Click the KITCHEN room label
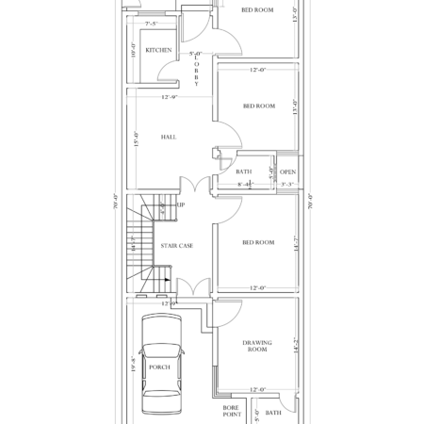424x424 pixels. [158, 49]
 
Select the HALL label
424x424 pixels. [169, 138]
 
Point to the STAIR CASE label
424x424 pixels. [177, 245]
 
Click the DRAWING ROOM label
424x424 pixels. [257, 346]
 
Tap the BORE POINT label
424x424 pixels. [232, 411]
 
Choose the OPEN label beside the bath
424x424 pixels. [287, 172]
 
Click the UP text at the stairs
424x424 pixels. [180, 204]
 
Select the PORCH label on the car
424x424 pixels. [160, 367]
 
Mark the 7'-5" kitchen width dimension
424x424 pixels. [152, 23]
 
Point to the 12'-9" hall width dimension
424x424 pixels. [171, 97]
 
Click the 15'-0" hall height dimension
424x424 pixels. [137, 139]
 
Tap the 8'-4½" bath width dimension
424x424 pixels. [246, 185]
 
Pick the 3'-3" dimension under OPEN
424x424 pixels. [287, 185]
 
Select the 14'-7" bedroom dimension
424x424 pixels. [295, 243]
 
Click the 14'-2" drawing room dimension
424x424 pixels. [295, 346]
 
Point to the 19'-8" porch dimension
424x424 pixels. [133, 366]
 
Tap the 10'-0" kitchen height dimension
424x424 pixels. [133, 51]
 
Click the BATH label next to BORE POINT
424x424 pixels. [273, 413]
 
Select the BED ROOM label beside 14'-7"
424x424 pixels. [258, 243]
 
